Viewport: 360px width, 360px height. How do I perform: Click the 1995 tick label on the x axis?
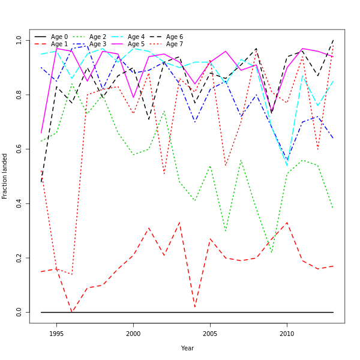point(56,334)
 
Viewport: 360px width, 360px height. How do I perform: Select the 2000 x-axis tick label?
point(133,334)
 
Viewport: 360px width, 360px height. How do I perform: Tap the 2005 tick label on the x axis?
point(210,334)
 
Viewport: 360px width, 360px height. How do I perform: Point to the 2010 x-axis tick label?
point(287,334)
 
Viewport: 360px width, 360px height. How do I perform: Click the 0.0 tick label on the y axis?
point(19,312)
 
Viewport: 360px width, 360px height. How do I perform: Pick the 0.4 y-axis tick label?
point(19,203)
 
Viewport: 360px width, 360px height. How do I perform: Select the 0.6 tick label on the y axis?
point(19,149)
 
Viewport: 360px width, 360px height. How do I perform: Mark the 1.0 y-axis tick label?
point(19,40)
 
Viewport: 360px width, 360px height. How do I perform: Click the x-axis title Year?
point(187,348)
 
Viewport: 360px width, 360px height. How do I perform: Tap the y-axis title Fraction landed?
point(5,176)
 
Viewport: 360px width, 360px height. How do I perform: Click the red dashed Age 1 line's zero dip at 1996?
point(72,312)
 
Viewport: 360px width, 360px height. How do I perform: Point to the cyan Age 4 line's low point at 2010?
point(287,165)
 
